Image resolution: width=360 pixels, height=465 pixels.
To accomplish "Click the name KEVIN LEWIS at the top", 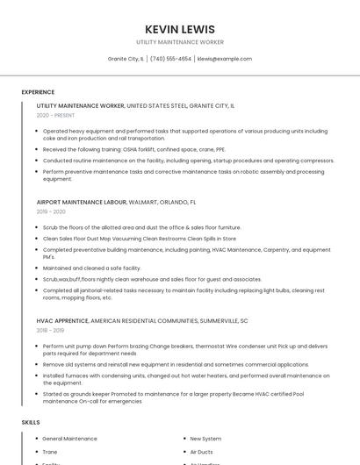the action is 179,29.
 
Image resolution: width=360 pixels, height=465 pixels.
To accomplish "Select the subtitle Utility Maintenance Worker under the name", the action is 179,42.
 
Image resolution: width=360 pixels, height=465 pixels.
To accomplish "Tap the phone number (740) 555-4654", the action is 170,59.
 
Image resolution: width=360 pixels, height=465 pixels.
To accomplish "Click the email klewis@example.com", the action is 225,59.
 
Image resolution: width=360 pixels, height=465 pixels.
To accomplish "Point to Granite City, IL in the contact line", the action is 126,59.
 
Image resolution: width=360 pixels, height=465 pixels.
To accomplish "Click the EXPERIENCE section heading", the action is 38,92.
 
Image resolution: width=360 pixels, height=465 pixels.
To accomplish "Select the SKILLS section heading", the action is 31,422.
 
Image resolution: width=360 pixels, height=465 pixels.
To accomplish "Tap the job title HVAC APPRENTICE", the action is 61,321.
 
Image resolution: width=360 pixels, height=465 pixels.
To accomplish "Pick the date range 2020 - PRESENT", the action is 55,115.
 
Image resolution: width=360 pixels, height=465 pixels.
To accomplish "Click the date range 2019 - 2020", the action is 51,211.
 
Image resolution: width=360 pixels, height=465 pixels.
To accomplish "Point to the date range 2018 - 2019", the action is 51,331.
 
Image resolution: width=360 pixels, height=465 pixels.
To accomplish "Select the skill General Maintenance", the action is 69,439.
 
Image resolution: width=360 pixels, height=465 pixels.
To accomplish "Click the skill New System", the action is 205,439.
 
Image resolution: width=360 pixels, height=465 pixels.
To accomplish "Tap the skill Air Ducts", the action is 202,452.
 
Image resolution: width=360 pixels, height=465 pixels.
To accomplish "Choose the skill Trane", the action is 50,452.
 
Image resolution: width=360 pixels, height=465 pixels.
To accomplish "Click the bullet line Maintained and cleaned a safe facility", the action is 91,268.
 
